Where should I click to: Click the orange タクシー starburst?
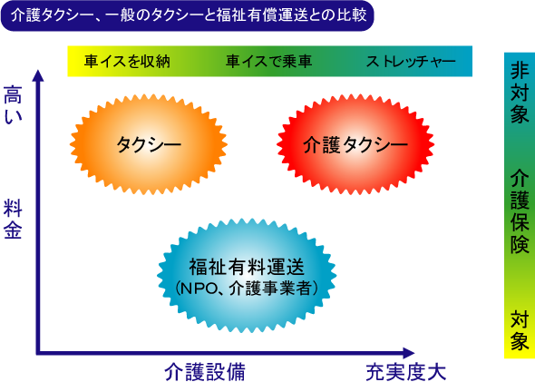[x=149, y=144]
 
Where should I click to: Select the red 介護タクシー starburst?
[x=355, y=144]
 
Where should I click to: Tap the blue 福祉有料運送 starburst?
[x=247, y=276]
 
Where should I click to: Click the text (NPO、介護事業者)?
[x=247, y=289]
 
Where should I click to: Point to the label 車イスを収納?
[x=127, y=62]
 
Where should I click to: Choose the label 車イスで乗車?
[x=269, y=62]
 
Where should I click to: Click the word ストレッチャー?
[x=411, y=62]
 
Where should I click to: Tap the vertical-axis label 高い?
[x=13, y=104]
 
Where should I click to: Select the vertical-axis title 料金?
[x=13, y=220]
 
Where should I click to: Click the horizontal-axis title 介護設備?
[x=205, y=372]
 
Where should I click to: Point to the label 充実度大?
[x=406, y=372]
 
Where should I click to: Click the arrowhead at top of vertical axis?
[x=38, y=75]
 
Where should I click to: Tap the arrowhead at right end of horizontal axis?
[x=409, y=353]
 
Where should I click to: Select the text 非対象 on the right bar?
[x=520, y=93]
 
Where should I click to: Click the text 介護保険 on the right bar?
[x=520, y=211]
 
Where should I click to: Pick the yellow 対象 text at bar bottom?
[x=520, y=330]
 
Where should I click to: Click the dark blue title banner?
[x=188, y=15]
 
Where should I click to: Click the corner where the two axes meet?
[x=38, y=353]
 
